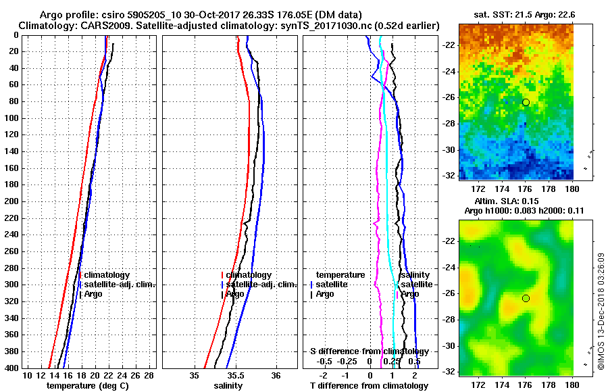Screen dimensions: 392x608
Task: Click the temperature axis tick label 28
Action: pos(149,375)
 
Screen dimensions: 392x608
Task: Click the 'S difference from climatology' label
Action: pos(369,351)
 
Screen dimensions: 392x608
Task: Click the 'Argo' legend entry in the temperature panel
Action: pos(93,294)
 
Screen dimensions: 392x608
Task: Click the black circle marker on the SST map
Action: pos(526,102)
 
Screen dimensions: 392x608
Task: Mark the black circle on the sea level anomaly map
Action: pos(526,298)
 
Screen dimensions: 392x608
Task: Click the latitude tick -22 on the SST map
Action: pos(449,45)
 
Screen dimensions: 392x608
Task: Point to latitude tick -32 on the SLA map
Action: pos(449,372)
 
